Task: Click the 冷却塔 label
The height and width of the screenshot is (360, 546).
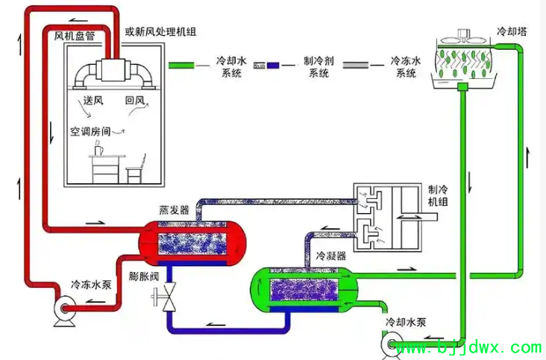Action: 512,31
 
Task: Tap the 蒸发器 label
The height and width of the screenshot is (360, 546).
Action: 174,209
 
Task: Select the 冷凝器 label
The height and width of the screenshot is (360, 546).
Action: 330,256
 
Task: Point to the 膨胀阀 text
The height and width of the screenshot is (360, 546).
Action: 143,277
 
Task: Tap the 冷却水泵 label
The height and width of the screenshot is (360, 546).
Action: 406,322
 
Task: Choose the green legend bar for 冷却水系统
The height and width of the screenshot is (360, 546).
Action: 181,65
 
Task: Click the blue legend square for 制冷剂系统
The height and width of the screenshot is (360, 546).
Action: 273,65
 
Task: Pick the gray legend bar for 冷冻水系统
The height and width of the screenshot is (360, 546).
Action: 356,65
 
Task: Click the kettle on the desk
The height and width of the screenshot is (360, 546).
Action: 98,148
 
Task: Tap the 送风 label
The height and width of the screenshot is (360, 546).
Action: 93,101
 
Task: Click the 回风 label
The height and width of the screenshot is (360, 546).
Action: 135,101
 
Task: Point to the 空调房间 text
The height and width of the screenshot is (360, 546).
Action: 90,131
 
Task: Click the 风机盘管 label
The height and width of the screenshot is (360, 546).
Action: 74,36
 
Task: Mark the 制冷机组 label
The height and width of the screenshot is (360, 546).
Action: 438,195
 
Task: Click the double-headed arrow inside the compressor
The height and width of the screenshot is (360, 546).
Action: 408,217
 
